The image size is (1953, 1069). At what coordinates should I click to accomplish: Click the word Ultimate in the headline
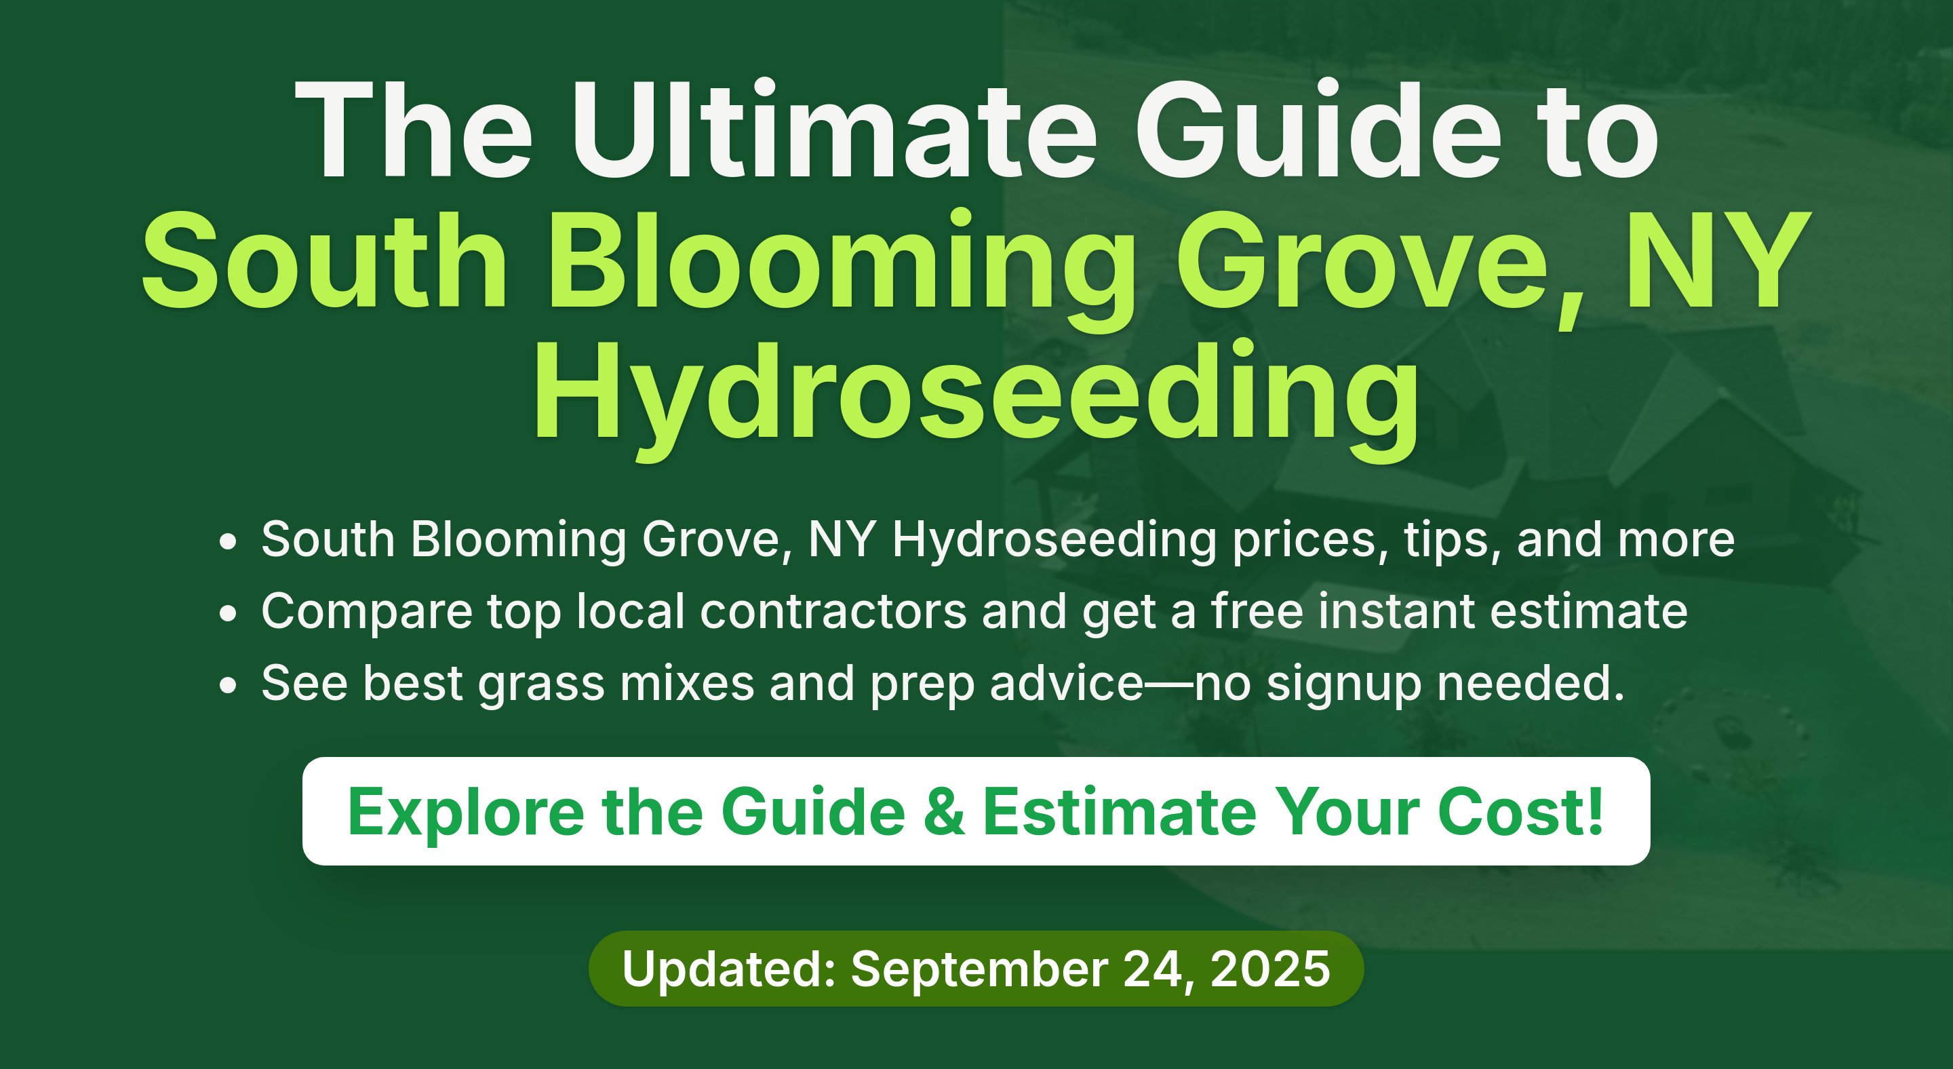coord(834,130)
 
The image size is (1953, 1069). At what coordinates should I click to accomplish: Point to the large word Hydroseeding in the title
coord(976,399)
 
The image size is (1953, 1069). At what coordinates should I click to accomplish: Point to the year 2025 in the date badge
coord(1271,969)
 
